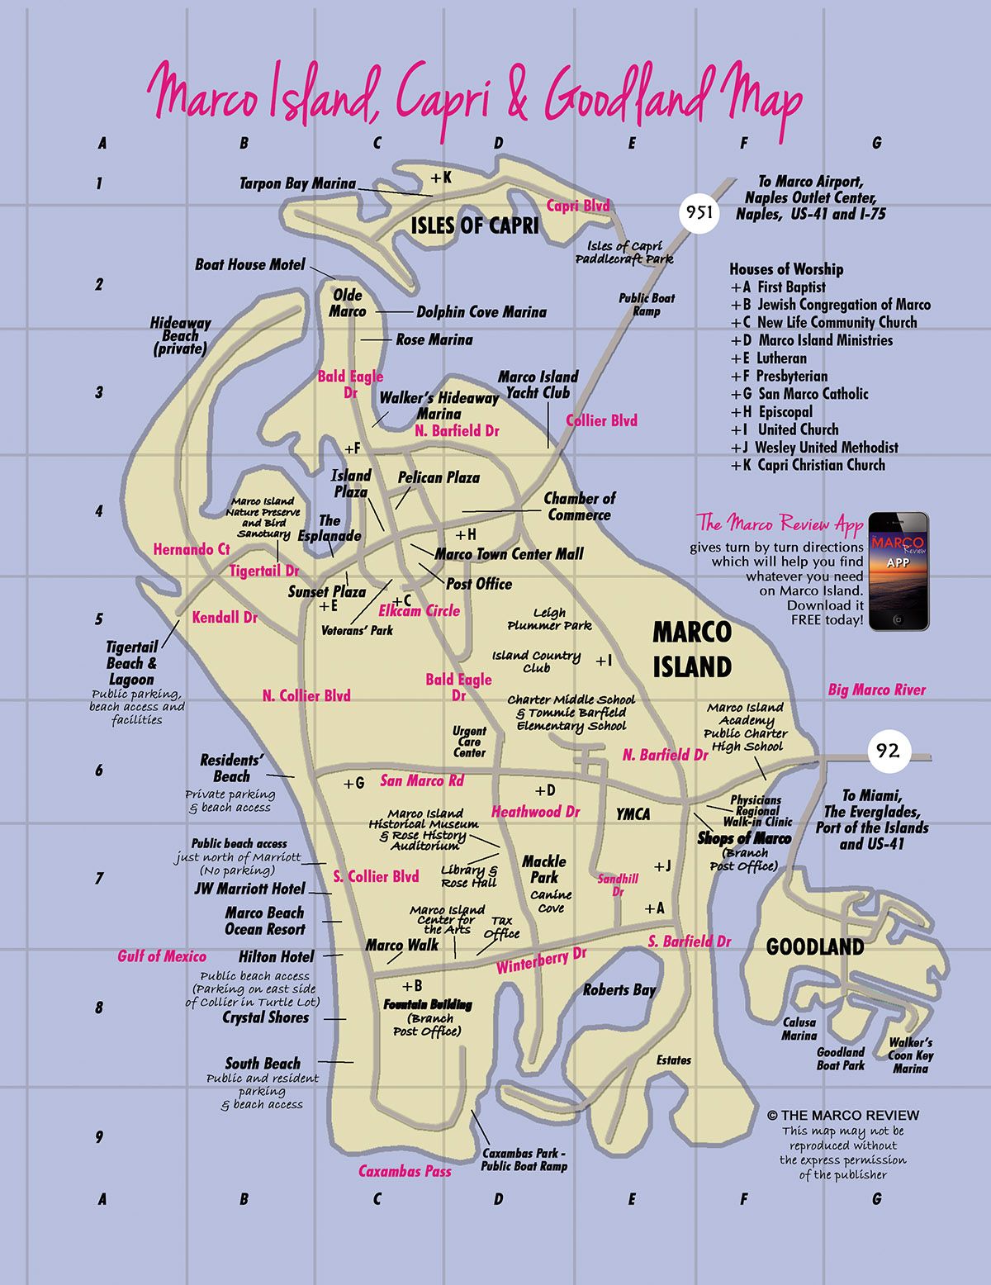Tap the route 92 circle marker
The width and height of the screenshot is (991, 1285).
point(888,752)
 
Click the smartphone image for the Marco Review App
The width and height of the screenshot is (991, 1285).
point(899,571)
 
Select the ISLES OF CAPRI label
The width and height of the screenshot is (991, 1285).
point(474,225)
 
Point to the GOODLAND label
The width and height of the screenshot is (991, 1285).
point(814,946)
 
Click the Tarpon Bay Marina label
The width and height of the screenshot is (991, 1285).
point(297,183)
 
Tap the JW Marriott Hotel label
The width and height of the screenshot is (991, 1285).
point(249,889)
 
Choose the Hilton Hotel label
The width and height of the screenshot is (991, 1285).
point(276,956)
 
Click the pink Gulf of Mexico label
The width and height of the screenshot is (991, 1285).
point(162,956)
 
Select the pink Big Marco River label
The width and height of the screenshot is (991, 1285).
point(877,690)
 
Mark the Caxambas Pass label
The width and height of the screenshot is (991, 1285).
point(405,1171)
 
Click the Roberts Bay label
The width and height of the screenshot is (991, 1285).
point(619,989)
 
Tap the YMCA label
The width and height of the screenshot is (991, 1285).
point(633,814)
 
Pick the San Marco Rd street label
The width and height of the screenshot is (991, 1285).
point(422,780)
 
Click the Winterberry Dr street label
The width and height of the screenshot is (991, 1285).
point(541,960)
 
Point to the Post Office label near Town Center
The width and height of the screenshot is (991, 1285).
point(479,584)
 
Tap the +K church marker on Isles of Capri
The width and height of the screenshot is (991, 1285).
point(441,178)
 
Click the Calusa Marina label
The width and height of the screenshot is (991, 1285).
point(799,1028)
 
